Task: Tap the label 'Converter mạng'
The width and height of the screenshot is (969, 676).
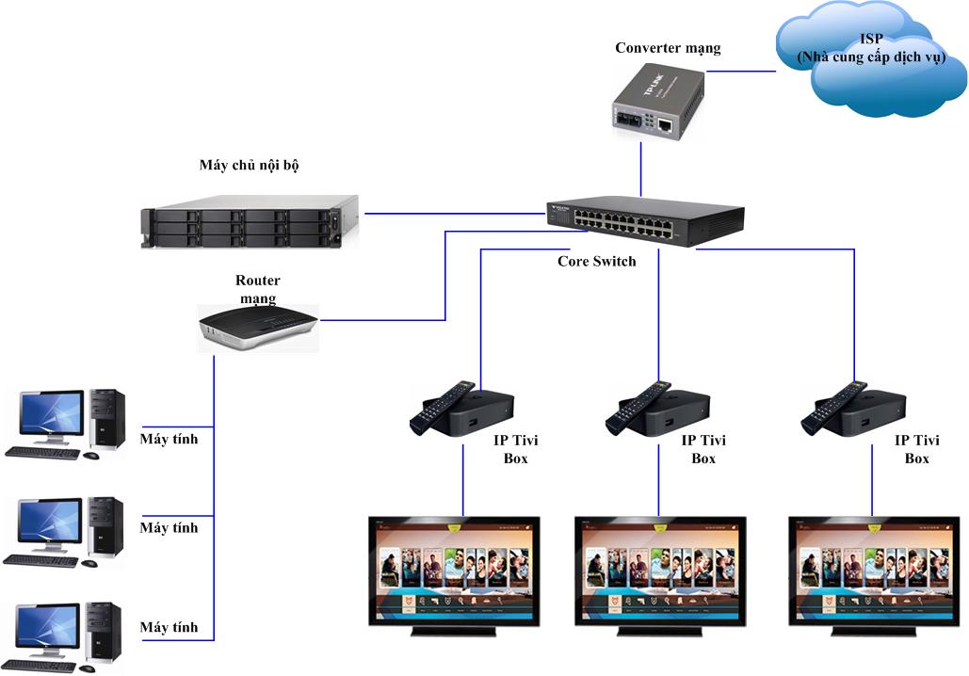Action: click(668, 48)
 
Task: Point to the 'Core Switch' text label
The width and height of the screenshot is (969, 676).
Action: click(597, 261)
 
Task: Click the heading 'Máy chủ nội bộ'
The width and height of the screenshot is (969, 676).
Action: click(250, 166)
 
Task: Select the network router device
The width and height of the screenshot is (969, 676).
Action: click(258, 327)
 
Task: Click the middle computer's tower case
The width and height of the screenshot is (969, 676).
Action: click(105, 527)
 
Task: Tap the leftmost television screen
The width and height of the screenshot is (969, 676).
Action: click(454, 569)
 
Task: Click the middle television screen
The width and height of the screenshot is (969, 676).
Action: click(661, 569)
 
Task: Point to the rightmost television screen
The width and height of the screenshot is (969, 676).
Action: click(874, 569)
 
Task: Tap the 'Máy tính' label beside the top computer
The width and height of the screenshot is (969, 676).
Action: click(169, 438)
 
